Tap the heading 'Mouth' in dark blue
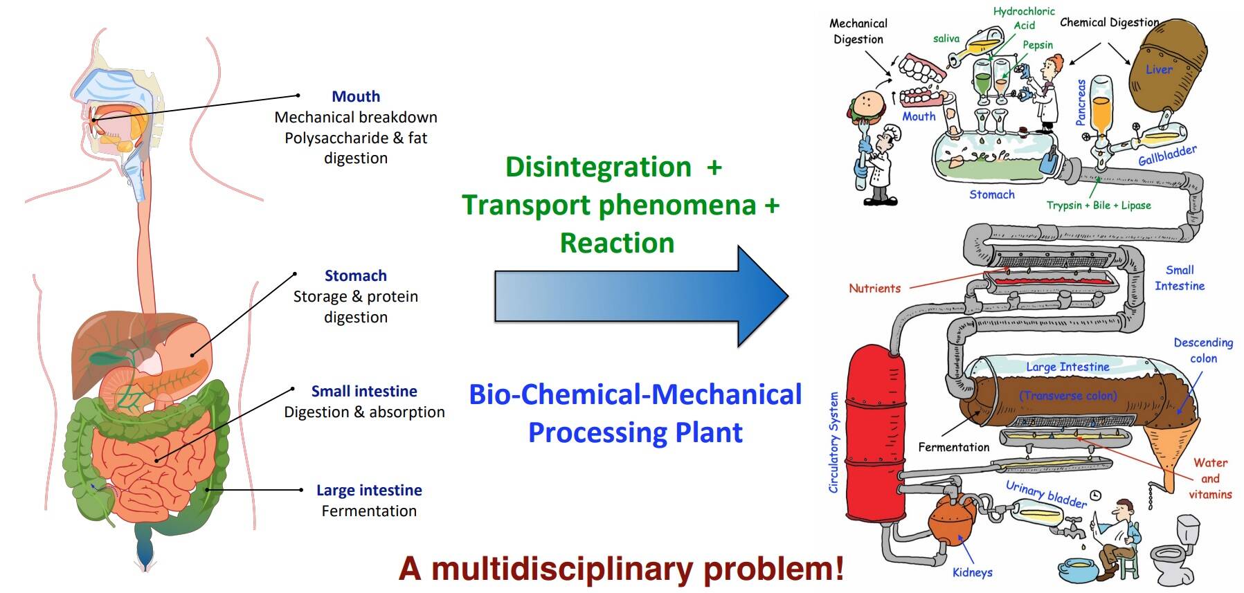coord(356,97)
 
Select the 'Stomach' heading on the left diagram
coord(356,276)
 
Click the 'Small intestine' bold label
coord(364,392)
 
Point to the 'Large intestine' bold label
coord(369,491)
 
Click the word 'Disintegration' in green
coord(598,167)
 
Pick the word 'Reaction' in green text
coord(617,244)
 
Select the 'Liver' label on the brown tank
coord(1159,70)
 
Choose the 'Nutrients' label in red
coord(875,289)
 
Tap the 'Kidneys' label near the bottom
coord(972,573)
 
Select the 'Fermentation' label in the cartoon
coord(953,448)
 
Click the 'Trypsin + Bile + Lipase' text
coord(1099,206)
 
